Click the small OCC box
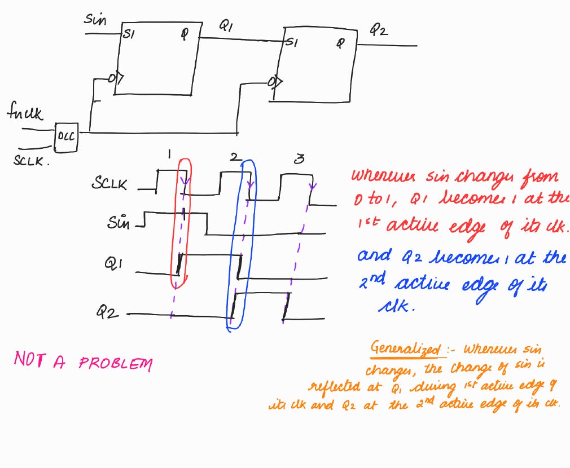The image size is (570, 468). point(67,136)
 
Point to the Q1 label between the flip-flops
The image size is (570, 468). point(226,26)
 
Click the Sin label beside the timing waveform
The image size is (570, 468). point(119,223)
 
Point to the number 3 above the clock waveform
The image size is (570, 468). point(300,160)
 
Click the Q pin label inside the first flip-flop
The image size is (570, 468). point(183,33)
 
